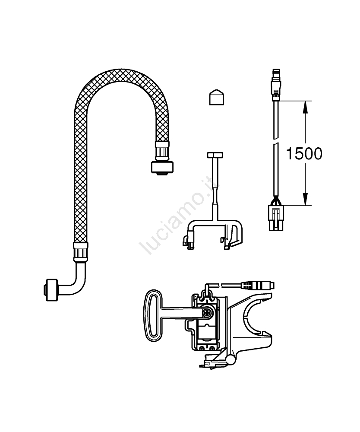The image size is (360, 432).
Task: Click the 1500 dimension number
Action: pos(304,154)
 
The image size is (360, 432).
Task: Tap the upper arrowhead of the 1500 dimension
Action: pos(305,107)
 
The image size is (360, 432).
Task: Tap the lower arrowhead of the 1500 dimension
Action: pos(305,199)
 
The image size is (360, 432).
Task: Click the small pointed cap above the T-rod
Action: pos(217,97)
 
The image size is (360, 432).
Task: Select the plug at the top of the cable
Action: pos(276,85)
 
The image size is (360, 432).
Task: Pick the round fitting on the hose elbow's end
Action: pos(50,291)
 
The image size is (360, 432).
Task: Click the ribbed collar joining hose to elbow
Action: pos(81,252)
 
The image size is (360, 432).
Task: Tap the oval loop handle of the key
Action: pos(153,315)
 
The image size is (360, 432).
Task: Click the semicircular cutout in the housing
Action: pos(252,317)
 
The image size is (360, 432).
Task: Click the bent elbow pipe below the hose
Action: pos(74,278)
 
